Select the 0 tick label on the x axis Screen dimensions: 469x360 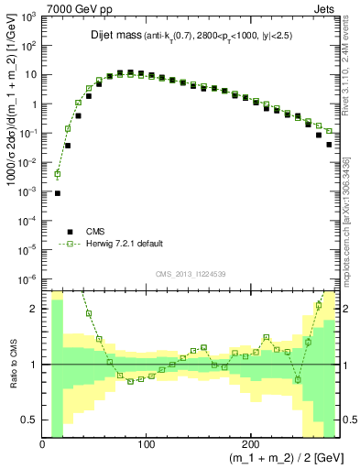[x=43, y=444]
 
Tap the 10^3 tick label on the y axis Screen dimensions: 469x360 [x=27, y=17]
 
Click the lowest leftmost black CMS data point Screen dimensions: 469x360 [x=57, y=193]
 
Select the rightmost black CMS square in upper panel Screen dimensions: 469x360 [x=329, y=144]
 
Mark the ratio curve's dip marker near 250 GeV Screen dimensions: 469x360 [x=298, y=379]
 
